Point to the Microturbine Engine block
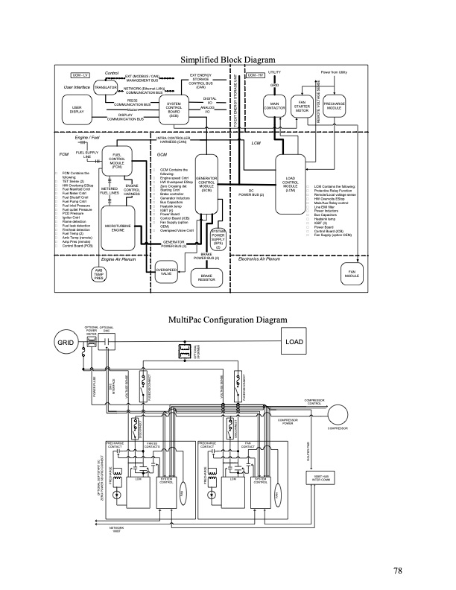point(117,228)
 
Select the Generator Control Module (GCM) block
point(208,184)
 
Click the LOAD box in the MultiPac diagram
point(295,341)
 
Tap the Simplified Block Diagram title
point(228,60)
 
